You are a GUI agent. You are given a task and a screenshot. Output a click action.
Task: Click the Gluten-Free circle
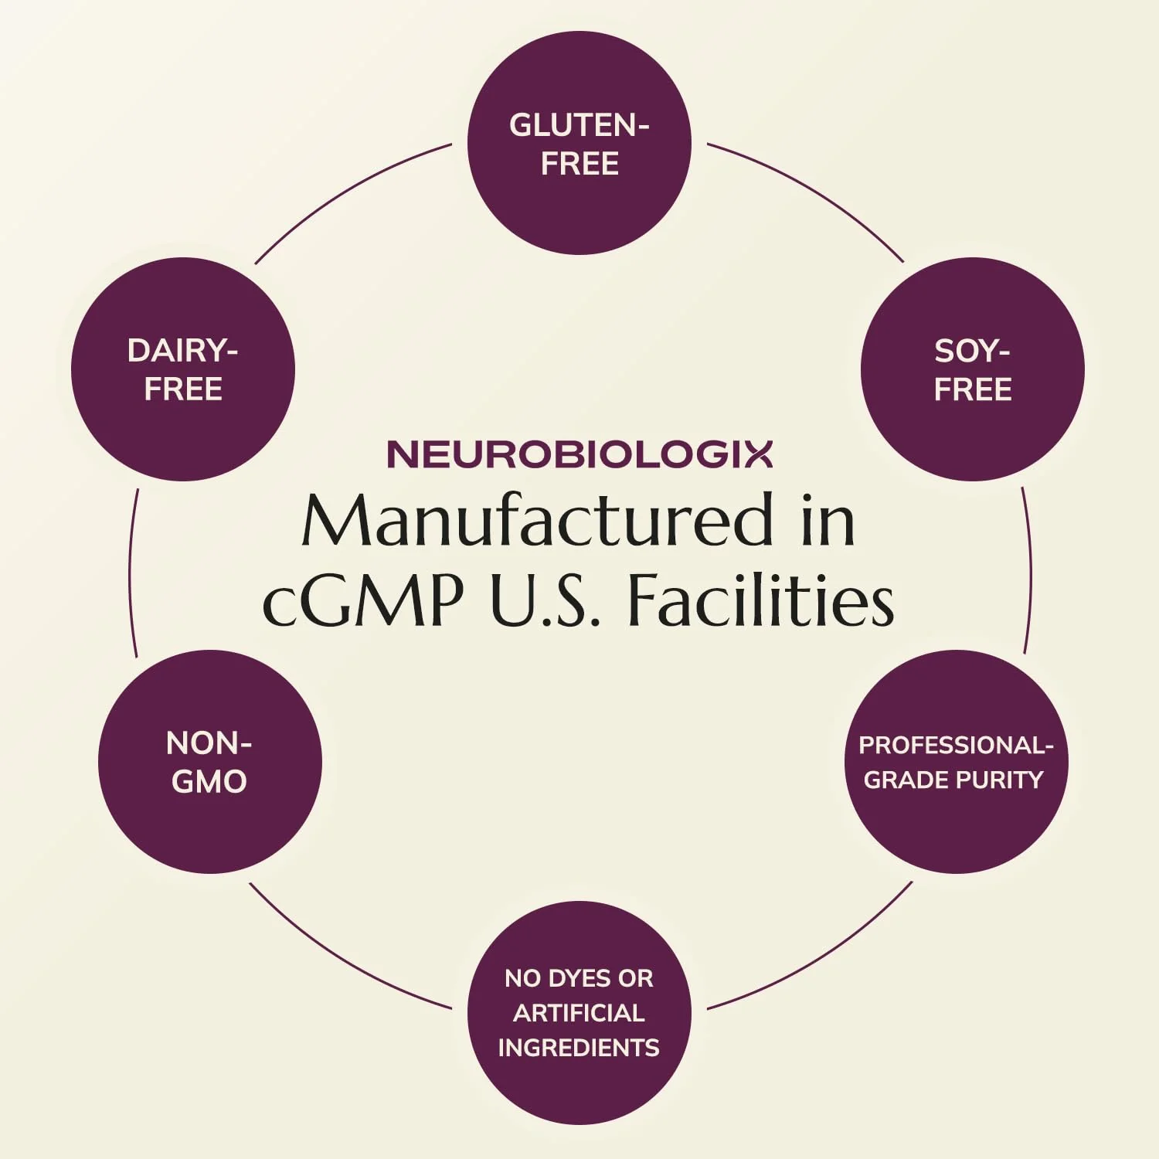pyautogui.click(x=579, y=143)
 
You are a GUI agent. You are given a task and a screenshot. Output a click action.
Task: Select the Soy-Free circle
pyautogui.click(x=973, y=369)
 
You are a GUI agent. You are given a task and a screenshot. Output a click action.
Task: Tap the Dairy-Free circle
pyautogui.click(x=183, y=369)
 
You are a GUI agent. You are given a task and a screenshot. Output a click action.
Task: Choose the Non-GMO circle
pyautogui.click(x=210, y=762)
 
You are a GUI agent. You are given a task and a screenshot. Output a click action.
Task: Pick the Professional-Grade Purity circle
pyautogui.click(x=956, y=762)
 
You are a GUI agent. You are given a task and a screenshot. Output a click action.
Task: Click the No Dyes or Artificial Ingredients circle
pyautogui.click(x=579, y=1013)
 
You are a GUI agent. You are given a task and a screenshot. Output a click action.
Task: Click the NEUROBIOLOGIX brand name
pyautogui.click(x=579, y=454)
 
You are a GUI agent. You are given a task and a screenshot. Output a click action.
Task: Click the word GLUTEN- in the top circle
pyautogui.click(x=579, y=125)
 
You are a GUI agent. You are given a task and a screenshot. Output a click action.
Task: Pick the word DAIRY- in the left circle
pyautogui.click(x=182, y=351)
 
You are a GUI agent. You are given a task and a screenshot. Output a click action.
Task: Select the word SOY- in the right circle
pyautogui.click(x=972, y=351)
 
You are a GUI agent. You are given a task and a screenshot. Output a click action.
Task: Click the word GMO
pyautogui.click(x=209, y=782)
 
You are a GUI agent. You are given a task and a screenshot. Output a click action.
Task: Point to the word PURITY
pyautogui.click(x=1001, y=780)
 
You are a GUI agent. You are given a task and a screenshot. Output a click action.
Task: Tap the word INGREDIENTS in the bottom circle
pyautogui.click(x=579, y=1048)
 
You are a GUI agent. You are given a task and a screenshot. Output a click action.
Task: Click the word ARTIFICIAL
pyautogui.click(x=579, y=1013)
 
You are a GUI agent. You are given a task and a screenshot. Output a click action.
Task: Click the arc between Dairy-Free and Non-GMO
pyautogui.click(x=131, y=573)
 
